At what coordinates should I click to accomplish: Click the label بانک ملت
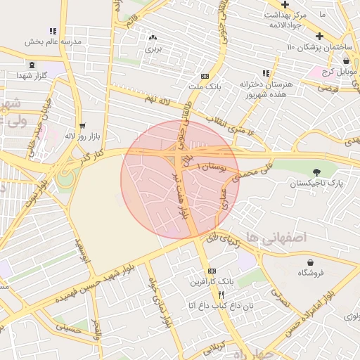click(x=205, y=86)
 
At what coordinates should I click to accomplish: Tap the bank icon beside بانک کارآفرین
click(x=212, y=271)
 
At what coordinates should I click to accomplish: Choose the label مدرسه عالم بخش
click(x=53, y=41)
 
